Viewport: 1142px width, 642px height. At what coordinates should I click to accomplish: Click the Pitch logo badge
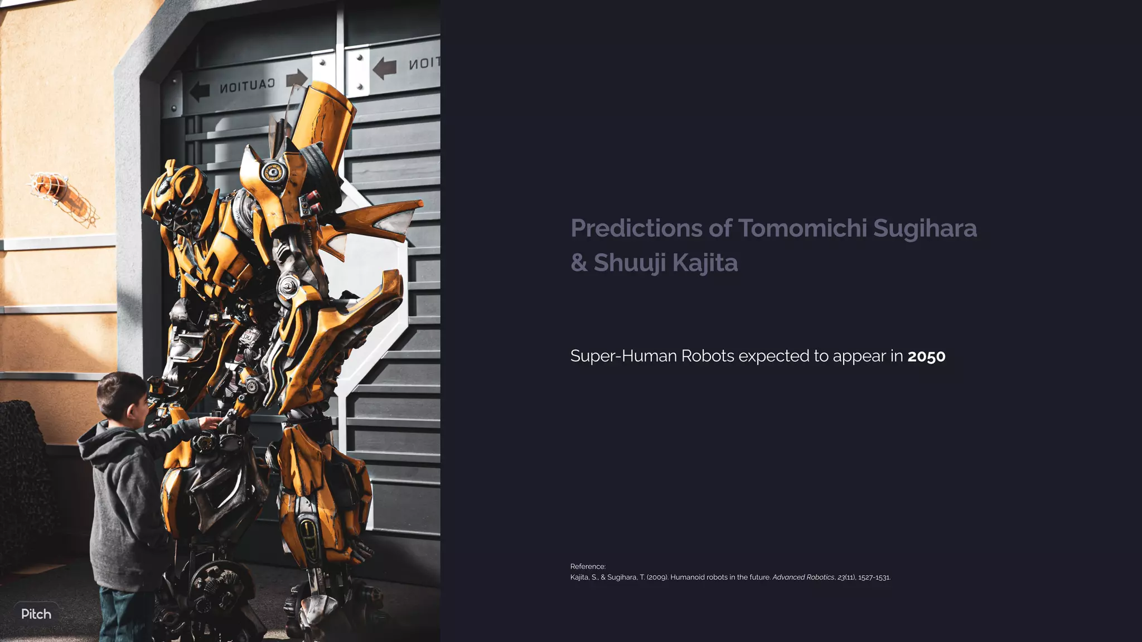click(x=36, y=614)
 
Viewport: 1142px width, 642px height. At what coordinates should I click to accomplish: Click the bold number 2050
click(x=926, y=356)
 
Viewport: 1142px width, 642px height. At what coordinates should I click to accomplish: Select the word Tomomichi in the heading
click(x=802, y=228)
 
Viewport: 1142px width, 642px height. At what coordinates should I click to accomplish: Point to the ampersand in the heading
click(x=579, y=263)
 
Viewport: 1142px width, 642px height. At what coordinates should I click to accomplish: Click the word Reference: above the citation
click(x=588, y=567)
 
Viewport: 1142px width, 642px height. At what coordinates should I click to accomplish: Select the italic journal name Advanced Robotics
click(x=803, y=577)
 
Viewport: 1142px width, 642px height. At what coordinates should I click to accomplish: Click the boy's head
click(x=120, y=395)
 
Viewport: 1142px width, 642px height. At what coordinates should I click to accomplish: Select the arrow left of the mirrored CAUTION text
click(x=199, y=91)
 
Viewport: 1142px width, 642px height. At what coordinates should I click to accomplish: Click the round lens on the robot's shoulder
click(x=273, y=172)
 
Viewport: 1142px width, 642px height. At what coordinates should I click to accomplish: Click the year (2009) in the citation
click(x=657, y=577)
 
